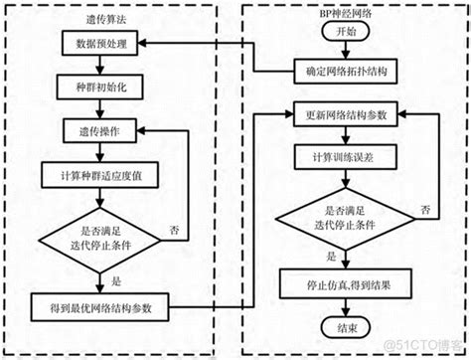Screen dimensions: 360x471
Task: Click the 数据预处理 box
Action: [100, 45]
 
